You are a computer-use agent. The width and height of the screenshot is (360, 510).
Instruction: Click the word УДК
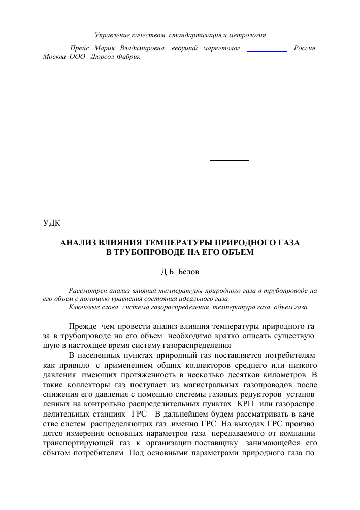(x=51, y=222)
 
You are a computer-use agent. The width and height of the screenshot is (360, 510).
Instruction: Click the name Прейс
(x=79, y=48)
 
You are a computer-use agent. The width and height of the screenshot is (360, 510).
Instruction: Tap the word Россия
(x=305, y=48)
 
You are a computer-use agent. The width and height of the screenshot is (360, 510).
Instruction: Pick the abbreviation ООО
(x=77, y=57)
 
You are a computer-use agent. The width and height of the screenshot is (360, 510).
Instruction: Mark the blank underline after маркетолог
(x=266, y=51)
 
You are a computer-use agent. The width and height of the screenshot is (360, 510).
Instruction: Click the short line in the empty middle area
(x=230, y=160)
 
